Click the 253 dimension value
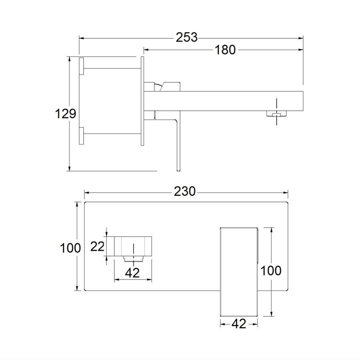tap(187, 38)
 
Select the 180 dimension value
tap(225, 50)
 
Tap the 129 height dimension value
tap(66, 114)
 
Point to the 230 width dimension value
tap(184, 192)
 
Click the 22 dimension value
tap(97, 246)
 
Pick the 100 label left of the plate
tap(70, 248)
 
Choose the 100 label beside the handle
tap(271, 271)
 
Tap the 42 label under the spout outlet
tap(132, 273)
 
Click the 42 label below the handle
tap(239, 324)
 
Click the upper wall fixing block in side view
tap(81, 66)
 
